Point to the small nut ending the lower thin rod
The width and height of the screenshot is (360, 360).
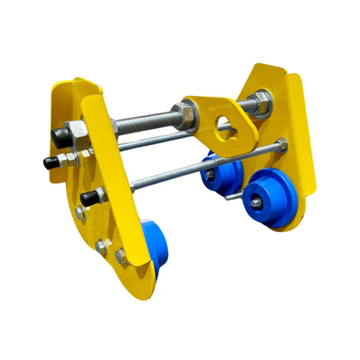pyautogui.click(x=283, y=149)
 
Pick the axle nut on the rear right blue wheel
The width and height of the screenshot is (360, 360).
pyautogui.click(x=208, y=175)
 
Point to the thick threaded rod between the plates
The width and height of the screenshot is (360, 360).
pyautogui.click(x=138, y=121)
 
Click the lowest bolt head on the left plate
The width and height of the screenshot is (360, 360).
pyautogui.click(x=121, y=256)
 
